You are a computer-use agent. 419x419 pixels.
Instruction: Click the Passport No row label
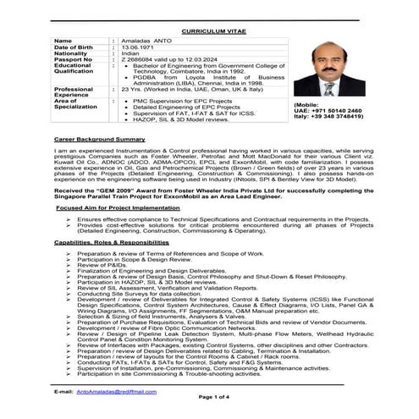coord(72,60)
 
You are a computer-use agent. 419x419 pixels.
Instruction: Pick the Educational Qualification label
coord(75,70)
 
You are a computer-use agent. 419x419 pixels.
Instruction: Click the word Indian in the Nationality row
coord(130,53)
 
